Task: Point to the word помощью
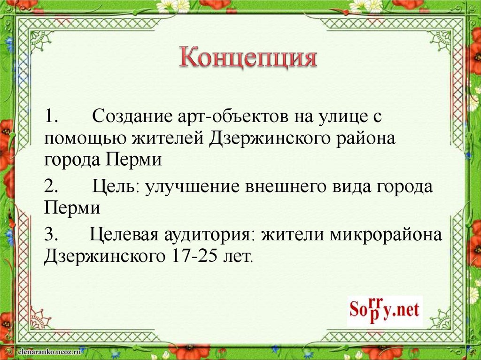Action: click(85, 139)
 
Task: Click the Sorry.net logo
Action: click(385, 310)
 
